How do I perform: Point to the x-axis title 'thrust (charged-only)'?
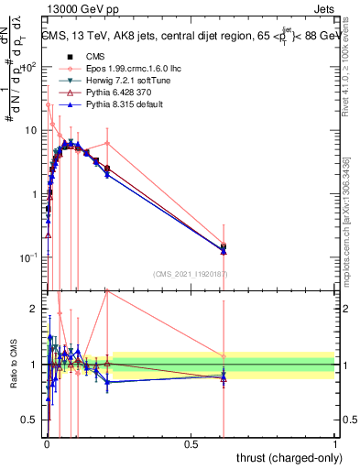(284, 457)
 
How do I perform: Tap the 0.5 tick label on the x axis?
(191, 445)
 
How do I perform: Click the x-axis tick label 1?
(335, 445)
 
